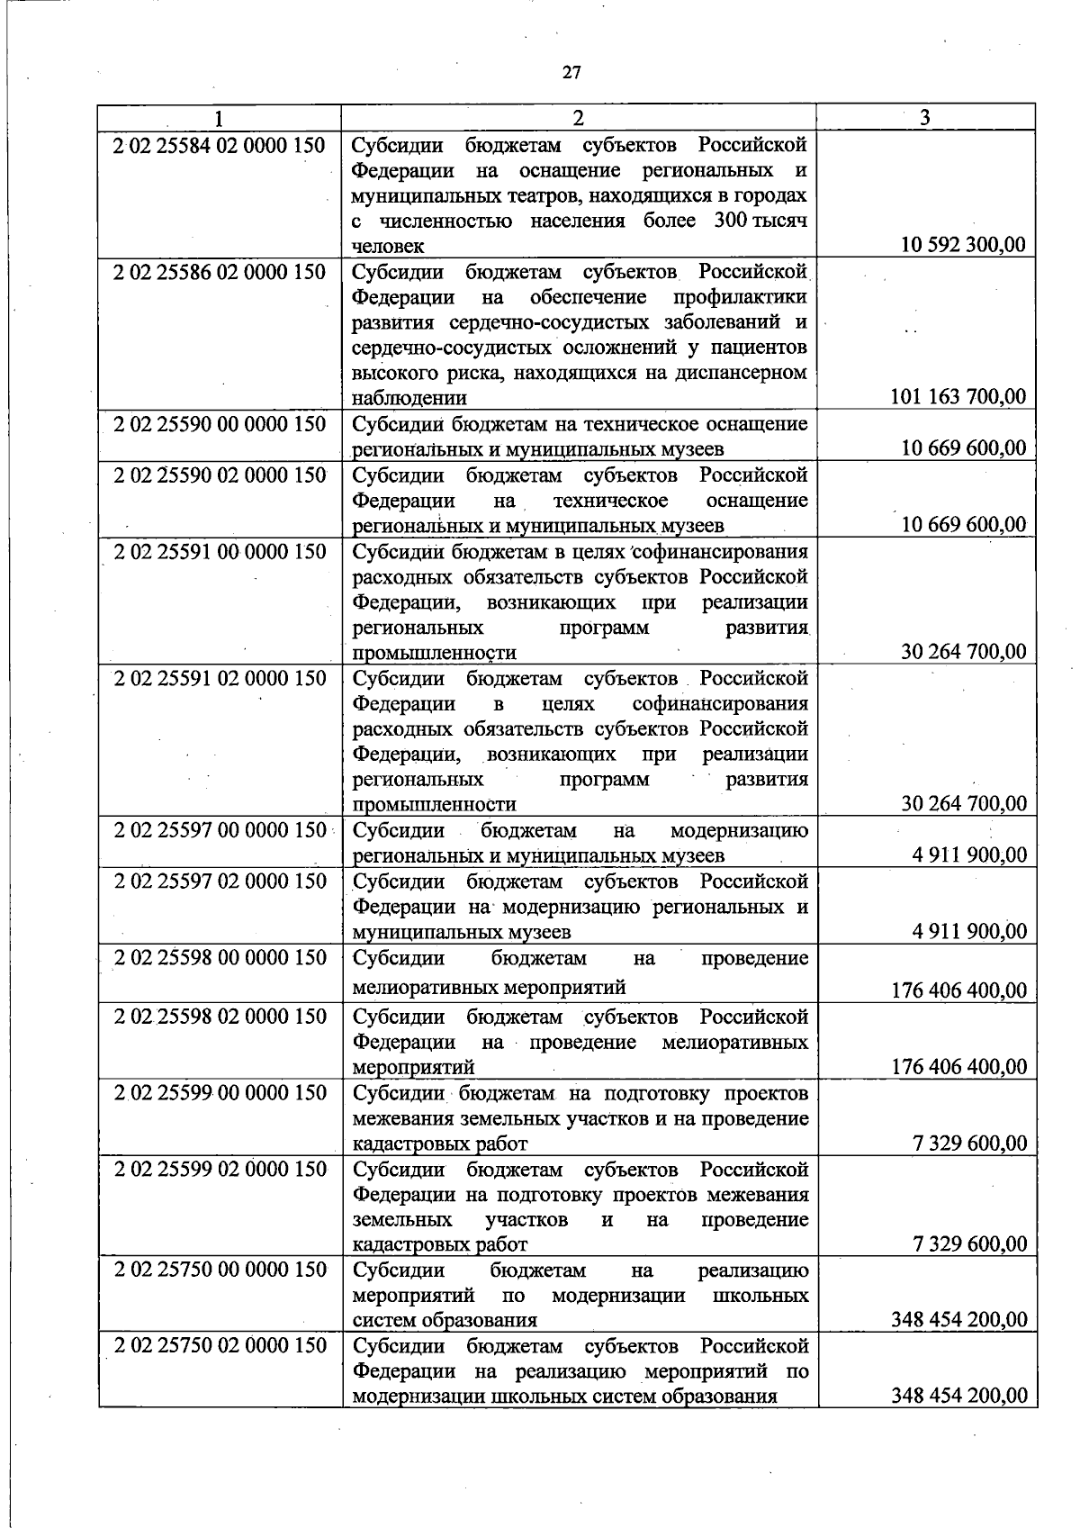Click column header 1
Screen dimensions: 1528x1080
tap(219, 118)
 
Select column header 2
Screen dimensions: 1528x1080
tap(579, 118)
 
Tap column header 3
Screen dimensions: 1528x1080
tap(925, 118)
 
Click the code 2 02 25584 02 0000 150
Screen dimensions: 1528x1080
tap(219, 145)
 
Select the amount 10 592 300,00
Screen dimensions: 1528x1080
tap(963, 245)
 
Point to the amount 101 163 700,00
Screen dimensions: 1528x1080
tap(958, 397)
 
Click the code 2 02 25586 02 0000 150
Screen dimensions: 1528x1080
tap(219, 272)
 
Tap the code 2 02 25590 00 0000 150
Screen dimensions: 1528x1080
tap(219, 424)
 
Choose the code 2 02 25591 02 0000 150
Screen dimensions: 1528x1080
tap(219, 678)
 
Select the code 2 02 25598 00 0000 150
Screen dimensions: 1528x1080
tap(219, 958)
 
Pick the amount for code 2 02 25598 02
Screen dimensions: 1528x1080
tap(958, 1067)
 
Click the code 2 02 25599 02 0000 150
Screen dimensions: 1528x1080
tap(219, 1170)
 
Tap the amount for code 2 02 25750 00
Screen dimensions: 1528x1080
tap(958, 1320)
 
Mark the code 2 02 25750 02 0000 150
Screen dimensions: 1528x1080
tap(219, 1346)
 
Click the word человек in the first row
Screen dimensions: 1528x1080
tap(388, 246)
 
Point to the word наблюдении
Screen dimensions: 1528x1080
tap(409, 398)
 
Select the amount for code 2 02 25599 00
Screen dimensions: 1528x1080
tap(968, 1144)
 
